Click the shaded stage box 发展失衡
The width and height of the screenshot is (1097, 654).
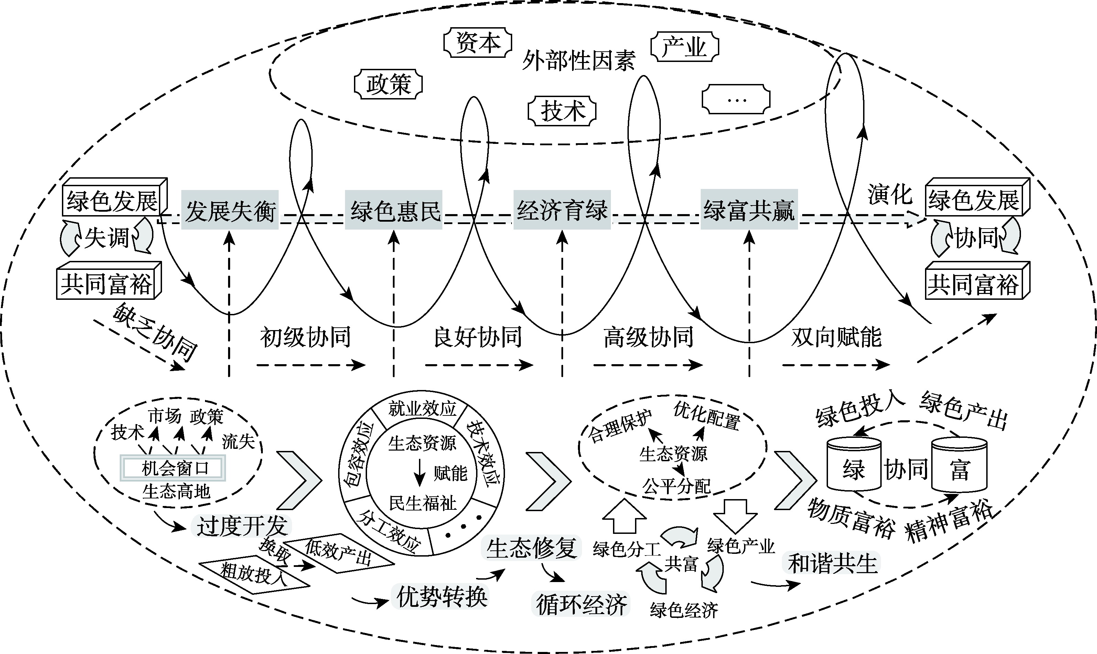point(230,210)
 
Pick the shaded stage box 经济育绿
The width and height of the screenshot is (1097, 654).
point(562,210)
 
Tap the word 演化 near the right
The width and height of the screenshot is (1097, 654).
point(890,194)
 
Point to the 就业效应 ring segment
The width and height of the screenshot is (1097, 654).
point(422,409)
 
